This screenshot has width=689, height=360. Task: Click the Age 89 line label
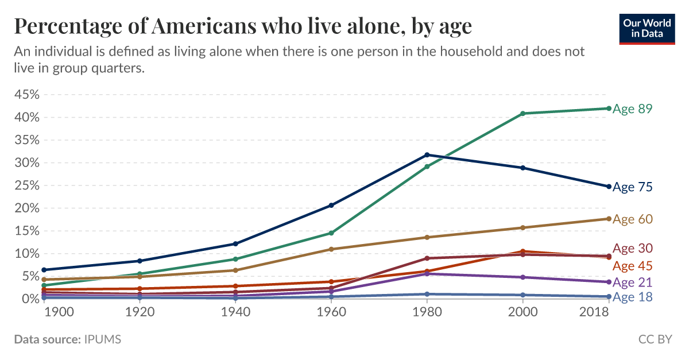(633, 109)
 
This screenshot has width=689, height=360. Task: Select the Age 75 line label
(633, 187)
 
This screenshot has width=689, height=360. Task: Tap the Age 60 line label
(633, 219)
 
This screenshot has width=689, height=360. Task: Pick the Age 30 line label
(633, 249)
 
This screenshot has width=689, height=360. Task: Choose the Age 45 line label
(633, 266)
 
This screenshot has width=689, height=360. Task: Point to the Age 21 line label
(633, 282)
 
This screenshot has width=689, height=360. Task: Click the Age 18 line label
(633, 297)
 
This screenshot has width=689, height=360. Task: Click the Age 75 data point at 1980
(427, 155)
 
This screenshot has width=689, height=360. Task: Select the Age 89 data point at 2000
(522, 114)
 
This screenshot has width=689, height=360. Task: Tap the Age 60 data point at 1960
(331, 249)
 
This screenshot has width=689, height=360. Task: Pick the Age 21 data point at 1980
(427, 274)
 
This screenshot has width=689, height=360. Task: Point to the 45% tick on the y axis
(26, 94)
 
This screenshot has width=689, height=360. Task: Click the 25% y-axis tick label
(26, 185)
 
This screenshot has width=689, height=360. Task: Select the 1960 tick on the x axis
(331, 312)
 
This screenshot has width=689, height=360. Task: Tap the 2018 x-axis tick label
(594, 312)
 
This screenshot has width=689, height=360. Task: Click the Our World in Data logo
(646, 27)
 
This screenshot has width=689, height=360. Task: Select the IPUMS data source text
(102, 339)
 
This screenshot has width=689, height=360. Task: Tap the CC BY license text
(655, 339)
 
